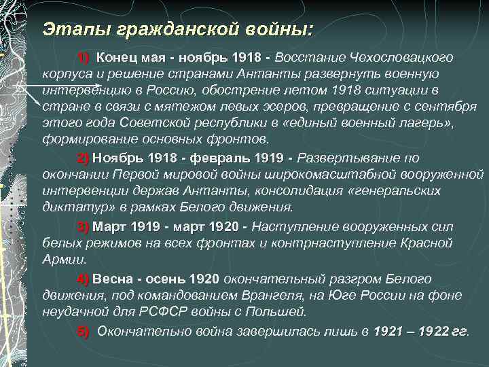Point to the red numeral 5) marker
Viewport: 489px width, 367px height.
coord(84,331)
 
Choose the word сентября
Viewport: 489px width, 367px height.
coord(448,107)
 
